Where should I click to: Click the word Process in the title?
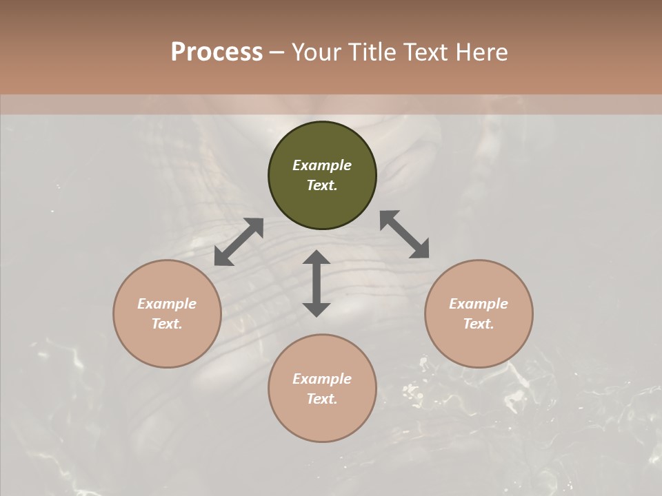(x=217, y=52)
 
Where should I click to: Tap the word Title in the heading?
(x=375, y=52)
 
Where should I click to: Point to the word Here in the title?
(x=482, y=52)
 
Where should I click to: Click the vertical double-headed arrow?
(x=317, y=283)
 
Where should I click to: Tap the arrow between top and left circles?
(x=239, y=242)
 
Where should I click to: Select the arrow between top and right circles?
(x=405, y=234)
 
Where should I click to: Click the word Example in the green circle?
(x=322, y=165)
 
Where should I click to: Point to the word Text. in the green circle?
(x=322, y=185)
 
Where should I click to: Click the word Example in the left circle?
(x=167, y=304)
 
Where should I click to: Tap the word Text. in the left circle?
(x=167, y=324)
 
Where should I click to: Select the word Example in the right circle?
(x=479, y=304)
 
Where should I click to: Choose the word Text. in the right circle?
(x=479, y=324)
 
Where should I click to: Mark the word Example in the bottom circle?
(x=322, y=379)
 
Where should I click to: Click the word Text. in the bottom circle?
(x=322, y=399)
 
